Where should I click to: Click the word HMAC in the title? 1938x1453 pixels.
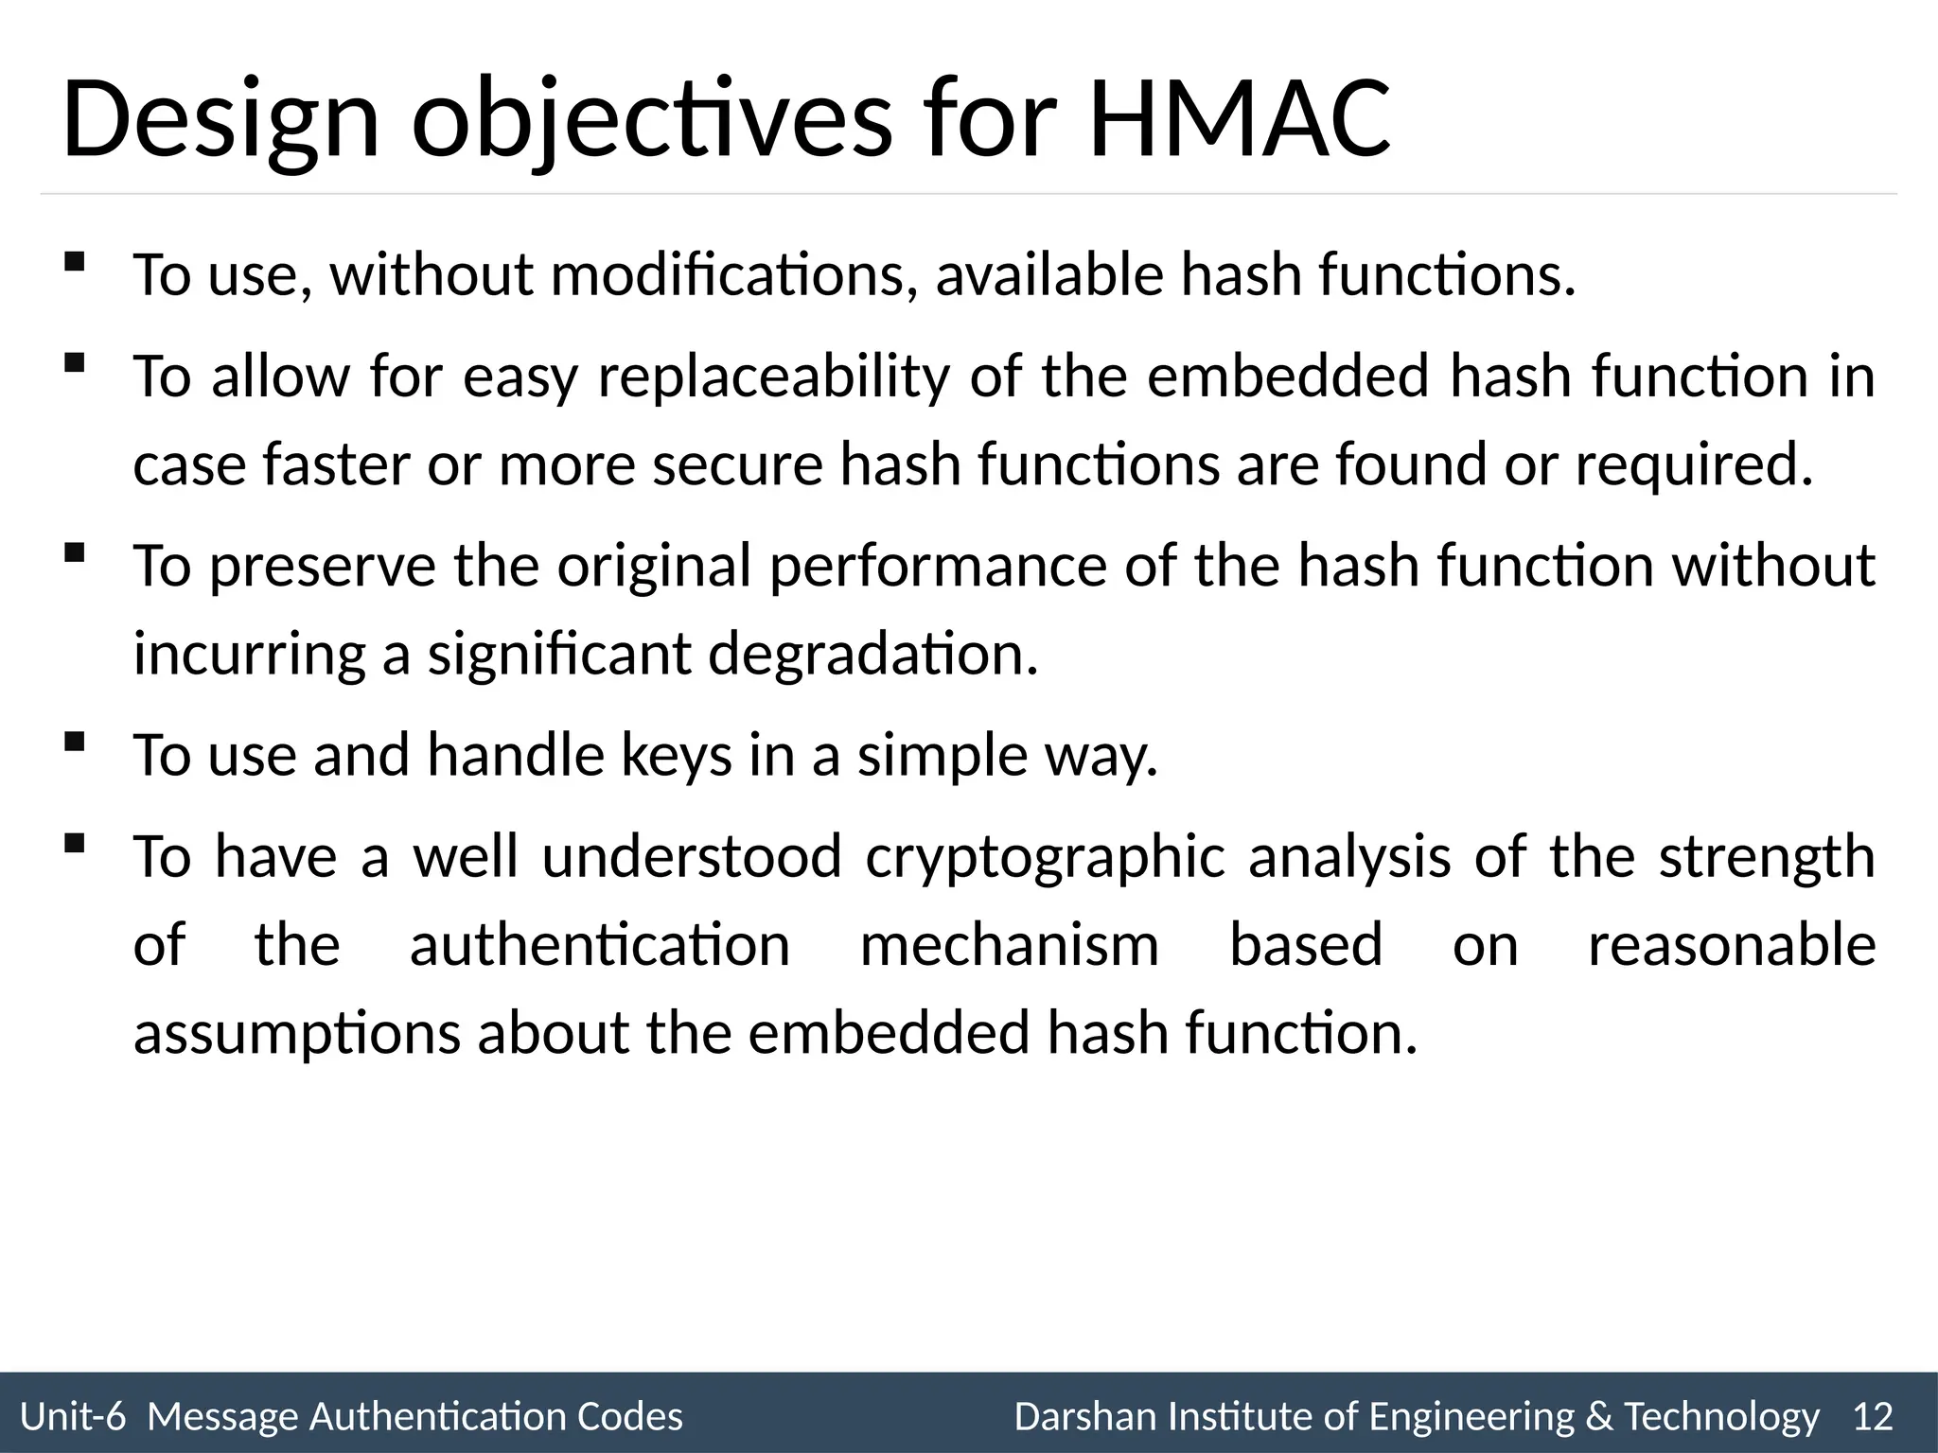(1240, 120)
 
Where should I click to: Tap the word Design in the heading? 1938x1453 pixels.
(220, 120)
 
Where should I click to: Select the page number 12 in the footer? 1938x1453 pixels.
(1873, 1416)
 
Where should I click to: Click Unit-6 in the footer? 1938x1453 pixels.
(73, 1416)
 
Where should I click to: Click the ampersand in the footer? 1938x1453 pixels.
(1598, 1416)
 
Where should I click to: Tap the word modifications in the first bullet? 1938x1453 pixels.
(732, 274)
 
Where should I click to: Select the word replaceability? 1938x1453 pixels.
(773, 376)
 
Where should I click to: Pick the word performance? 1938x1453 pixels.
(937, 566)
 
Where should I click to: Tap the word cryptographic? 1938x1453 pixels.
(1045, 856)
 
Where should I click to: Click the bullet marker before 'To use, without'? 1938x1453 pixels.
(74, 262)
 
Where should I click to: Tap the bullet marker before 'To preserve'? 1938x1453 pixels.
(74, 552)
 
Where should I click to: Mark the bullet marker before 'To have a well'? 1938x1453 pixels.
(74, 843)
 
